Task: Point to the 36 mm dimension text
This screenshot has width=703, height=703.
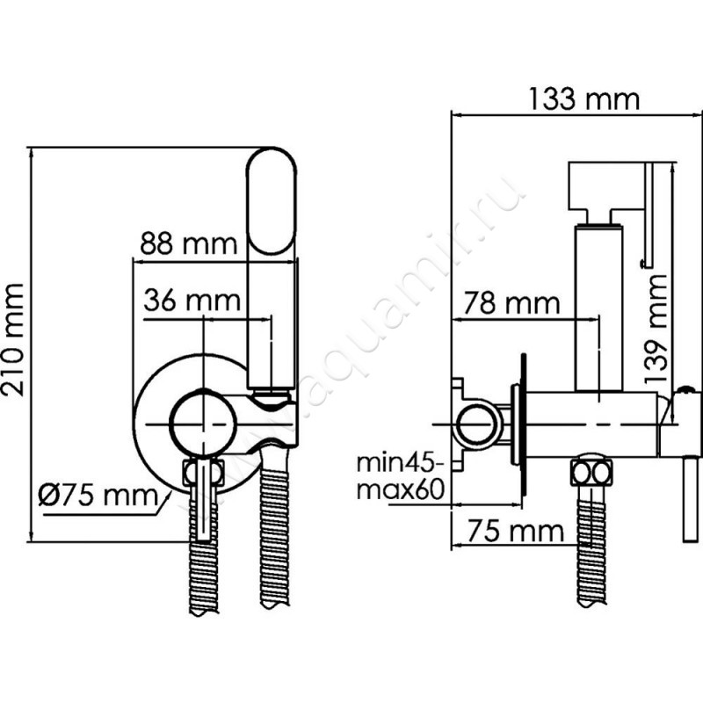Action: click(x=192, y=301)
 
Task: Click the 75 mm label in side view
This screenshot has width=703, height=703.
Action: click(x=512, y=531)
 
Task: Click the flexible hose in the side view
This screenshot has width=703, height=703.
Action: click(x=590, y=545)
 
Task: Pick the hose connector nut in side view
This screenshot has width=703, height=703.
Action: click(x=591, y=473)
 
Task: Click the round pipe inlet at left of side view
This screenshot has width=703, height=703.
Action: click(x=477, y=424)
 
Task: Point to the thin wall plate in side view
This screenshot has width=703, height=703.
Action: click(x=523, y=426)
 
